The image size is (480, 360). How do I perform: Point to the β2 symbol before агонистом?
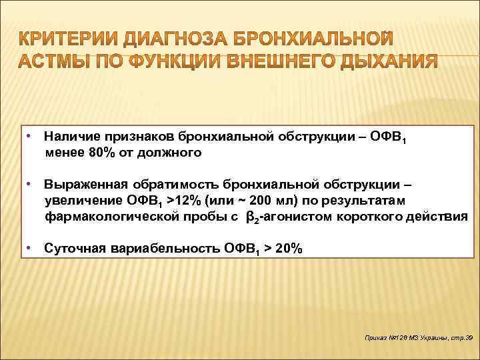tap(253, 217)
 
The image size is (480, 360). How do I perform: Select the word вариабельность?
tap(167, 249)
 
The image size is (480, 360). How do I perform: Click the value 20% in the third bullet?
tap(289, 249)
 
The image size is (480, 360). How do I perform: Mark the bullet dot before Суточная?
tap(30, 248)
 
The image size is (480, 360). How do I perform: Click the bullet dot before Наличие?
tap(30, 135)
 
